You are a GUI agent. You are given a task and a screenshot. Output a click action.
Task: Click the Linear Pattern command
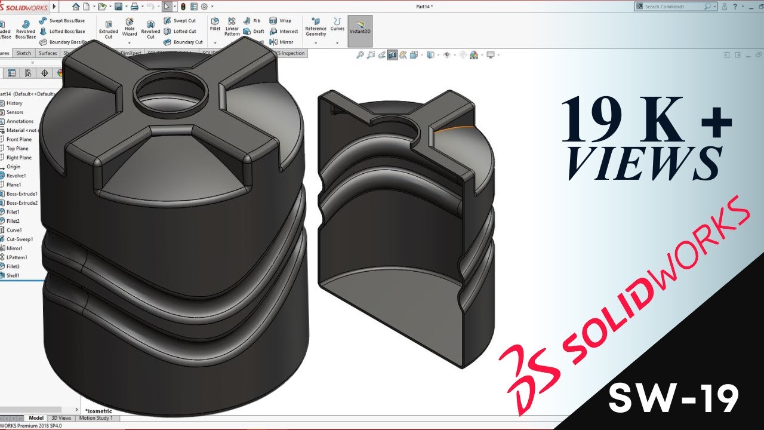(232, 27)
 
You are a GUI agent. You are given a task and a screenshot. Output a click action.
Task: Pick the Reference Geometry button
(316, 27)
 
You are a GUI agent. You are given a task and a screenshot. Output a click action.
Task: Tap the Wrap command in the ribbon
(281, 21)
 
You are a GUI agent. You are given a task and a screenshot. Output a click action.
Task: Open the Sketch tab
(24, 53)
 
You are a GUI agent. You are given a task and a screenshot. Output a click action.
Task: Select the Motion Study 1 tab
(95, 418)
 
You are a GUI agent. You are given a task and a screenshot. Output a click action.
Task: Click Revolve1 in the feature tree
(16, 176)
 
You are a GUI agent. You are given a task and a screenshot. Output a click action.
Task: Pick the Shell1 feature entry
(13, 275)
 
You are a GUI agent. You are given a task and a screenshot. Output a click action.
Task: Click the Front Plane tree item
(19, 139)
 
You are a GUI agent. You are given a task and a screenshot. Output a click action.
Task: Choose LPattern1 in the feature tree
(17, 257)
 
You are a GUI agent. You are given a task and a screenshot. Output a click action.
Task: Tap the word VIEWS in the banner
(645, 162)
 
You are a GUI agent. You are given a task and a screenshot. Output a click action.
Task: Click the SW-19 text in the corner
(673, 398)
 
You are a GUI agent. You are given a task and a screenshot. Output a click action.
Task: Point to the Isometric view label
(99, 411)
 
